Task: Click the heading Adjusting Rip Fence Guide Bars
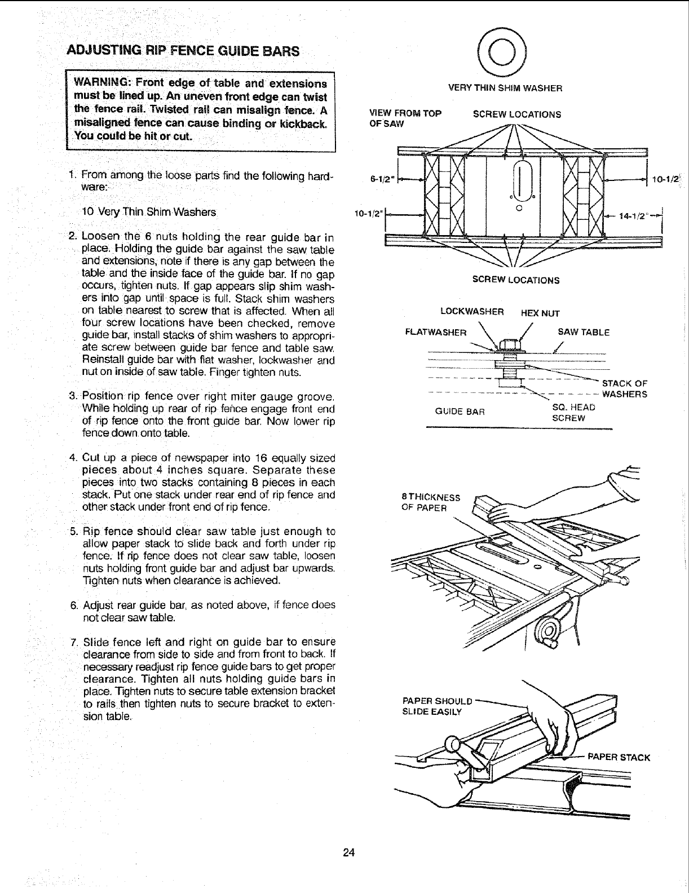tap(183, 50)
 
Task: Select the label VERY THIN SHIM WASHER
tap(505, 88)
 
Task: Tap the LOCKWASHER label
tap(471, 312)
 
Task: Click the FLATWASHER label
tap(436, 332)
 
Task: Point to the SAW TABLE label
tap(584, 332)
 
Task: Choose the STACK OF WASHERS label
tap(624, 389)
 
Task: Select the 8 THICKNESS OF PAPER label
tap(430, 502)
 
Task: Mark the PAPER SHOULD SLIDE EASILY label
tap(436, 706)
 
